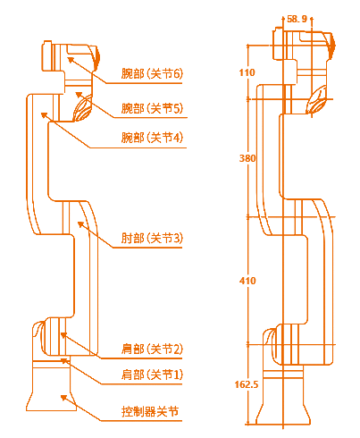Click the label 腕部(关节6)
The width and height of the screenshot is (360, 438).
click(x=152, y=73)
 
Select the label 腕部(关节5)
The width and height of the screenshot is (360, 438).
click(x=152, y=108)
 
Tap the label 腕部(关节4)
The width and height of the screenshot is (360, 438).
click(x=152, y=138)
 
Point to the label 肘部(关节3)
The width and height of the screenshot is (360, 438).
click(x=152, y=238)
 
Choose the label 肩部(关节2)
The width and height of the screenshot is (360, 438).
click(x=152, y=349)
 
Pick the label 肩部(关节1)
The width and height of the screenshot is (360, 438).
click(x=152, y=375)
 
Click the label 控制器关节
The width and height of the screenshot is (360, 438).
click(x=150, y=411)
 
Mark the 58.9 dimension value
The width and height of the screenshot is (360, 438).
click(x=297, y=19)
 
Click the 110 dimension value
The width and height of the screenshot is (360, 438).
click(x=247, y=72)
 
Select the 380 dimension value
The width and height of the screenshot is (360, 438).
click(x=247, y=158)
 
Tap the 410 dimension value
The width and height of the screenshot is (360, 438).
click(x=247, y=281)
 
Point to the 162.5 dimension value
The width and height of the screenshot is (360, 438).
click(x=247, y=384)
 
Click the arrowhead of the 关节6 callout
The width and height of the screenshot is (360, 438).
click(x=71, y=60)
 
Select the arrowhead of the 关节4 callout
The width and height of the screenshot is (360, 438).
click(x=45, y=115)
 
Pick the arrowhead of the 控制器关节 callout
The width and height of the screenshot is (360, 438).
click(x=64, y=398)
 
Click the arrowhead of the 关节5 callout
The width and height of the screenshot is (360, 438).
click(x=79, y=95)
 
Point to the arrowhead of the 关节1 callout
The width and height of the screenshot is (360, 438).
click(x=64, y=361)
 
